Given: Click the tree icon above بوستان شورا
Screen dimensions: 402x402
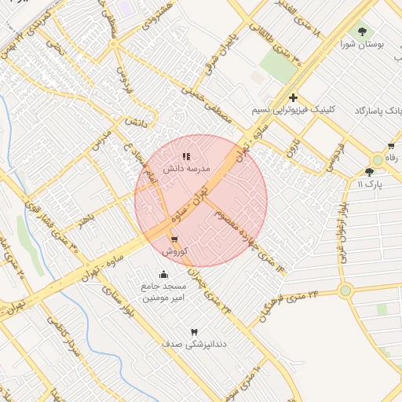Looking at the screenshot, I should tap(362, 32).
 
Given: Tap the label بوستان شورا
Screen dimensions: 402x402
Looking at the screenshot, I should tap(362, 46).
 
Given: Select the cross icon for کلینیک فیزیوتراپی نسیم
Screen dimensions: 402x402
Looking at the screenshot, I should tap(293, 98).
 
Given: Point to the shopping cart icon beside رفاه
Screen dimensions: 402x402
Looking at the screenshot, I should tap(391, 146).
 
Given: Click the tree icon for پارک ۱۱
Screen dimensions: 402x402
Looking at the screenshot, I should tap(370, 172).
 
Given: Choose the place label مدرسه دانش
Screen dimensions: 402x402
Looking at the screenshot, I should tap(185, 169).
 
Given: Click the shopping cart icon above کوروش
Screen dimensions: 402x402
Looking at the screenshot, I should tap(174, 239).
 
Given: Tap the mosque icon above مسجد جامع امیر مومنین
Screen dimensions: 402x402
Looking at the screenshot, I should tap(163, 274).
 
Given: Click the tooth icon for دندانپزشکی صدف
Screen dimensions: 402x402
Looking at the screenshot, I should tap(194, 332).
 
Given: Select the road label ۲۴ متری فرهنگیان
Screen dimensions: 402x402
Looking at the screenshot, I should tap(290, 306).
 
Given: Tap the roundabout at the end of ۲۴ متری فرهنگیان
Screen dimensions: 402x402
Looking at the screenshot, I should tap(345, 291).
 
